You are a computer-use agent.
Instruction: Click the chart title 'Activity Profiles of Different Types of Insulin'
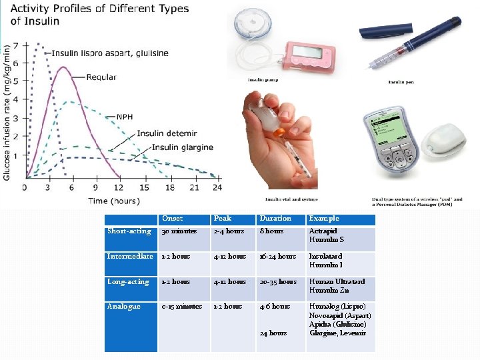[99, 15]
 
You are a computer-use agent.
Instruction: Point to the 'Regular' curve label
[101, 77]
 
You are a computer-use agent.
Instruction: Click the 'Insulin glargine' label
[182, 147]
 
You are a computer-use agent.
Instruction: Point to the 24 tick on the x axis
[216, 188]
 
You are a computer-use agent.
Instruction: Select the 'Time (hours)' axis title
[114, 201]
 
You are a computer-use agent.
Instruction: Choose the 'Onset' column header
[172, 219]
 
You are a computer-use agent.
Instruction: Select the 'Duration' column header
[275, 219]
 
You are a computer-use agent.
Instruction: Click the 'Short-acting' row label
[129, 231]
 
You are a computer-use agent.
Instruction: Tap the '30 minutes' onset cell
[179, 231]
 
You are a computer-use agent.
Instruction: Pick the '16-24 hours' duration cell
[277, 257]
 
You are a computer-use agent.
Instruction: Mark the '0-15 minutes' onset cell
[181, 307]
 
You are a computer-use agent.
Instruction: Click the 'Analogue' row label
[124, 307]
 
